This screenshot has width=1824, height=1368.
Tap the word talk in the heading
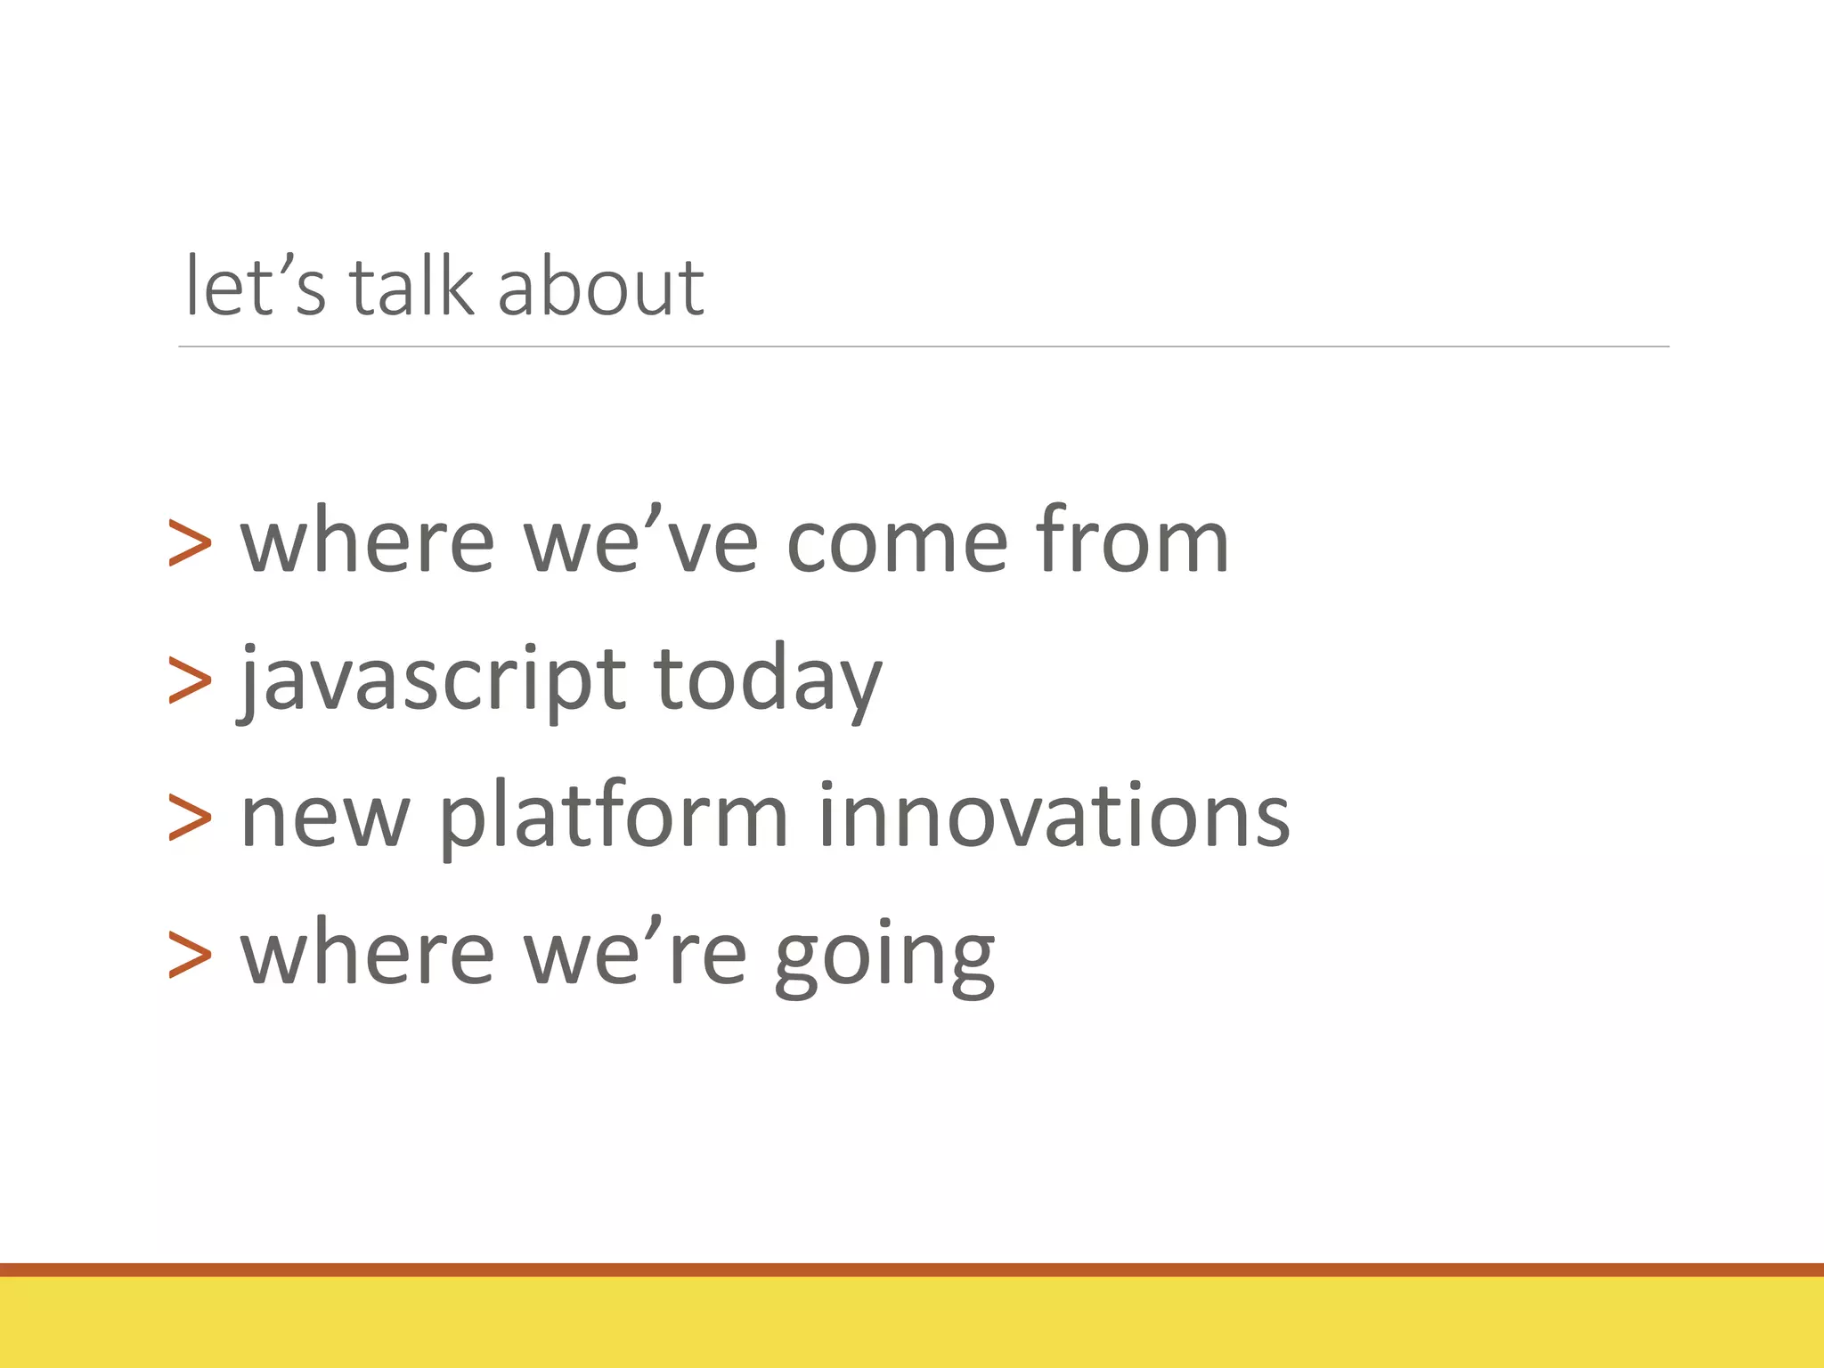click(411, 287)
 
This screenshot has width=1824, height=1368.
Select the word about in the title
click(601, 287)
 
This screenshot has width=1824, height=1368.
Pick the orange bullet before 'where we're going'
click(190, 956)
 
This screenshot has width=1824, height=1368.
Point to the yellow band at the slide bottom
click(912, 1323)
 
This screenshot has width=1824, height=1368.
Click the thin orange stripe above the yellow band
click(912, 1269)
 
